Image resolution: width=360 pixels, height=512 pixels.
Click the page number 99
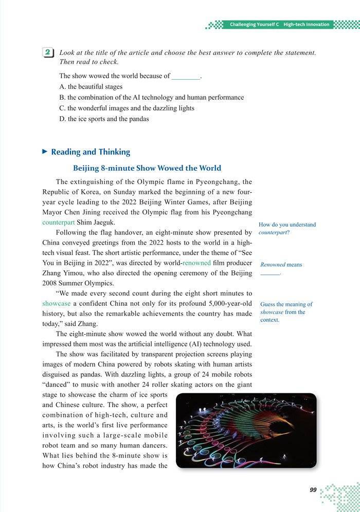pyautogui.click(x=313, y=490)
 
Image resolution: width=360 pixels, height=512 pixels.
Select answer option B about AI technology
pyautogui.click(x=152, y=97)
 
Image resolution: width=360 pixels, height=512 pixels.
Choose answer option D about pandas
pyautogui.click(x=104, y=119)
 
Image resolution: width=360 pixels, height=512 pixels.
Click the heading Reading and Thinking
pyautogui.click(x=91, y=152)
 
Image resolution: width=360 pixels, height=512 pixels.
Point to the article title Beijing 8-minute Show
pyautogui.click(x=147, y=168)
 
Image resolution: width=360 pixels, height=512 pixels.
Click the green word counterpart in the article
pyautogui.click(x=58, y=223)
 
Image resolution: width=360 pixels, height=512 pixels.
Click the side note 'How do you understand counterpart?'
pyautogui.click(x=287, y=228)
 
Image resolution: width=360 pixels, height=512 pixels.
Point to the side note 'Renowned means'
pyautogui.click(x=281, y=265)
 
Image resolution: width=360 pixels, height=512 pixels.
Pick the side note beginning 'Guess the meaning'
pyautogui.click(x=286, y=312)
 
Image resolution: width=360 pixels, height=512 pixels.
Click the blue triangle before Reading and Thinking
pyautogui.click(x=45, y=152)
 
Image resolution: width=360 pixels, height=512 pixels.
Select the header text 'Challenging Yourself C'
pyautogui.click(x=254, y=24)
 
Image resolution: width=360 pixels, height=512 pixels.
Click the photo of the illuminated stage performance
pyautogui.click(x=246, y=430)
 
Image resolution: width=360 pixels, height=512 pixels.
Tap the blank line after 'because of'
pyautogui.click(x=185, y=76)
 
